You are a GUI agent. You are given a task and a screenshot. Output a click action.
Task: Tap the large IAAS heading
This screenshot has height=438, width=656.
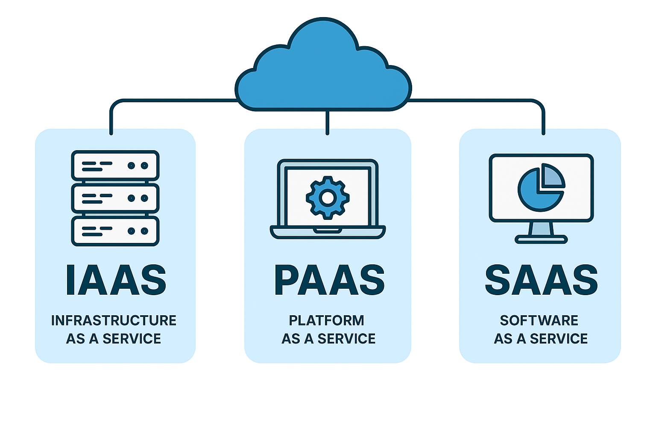[115, 280]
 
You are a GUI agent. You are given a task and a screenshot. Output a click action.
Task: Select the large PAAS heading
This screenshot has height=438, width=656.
[329, 280]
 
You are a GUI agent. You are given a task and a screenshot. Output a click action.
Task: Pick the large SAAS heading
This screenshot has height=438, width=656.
[541, 280]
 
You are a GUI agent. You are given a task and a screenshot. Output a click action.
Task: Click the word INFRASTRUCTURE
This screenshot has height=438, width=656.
[114, 320]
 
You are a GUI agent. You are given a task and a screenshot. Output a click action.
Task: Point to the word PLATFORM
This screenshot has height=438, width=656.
[327, 320]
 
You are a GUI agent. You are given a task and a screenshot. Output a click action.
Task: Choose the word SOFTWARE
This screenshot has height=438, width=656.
[539, 320]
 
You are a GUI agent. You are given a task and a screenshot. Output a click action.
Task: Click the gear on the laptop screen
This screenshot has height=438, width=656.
[328, 198]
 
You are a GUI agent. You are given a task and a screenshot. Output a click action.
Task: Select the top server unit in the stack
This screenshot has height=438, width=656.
[115, 166]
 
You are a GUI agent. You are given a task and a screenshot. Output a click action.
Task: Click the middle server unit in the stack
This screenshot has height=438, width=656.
[115, 198]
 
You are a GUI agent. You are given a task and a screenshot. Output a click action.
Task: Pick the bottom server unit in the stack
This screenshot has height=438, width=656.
[115, 231]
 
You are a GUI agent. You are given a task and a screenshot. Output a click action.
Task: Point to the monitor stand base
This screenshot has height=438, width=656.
[541, 240]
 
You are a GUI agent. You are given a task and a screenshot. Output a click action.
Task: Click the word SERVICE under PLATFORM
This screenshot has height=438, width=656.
[346, 339]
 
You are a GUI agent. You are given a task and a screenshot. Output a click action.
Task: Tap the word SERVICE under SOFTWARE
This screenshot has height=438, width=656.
[559, 339]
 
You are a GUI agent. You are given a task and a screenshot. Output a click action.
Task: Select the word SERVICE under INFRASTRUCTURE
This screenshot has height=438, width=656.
[132, 339]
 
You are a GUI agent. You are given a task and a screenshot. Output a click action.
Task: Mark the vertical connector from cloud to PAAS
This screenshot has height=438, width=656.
[327, 122]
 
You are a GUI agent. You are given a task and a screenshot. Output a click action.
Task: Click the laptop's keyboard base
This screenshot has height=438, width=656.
[328, 232]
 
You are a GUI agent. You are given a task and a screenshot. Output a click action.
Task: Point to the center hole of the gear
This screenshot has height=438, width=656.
[328, 198]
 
